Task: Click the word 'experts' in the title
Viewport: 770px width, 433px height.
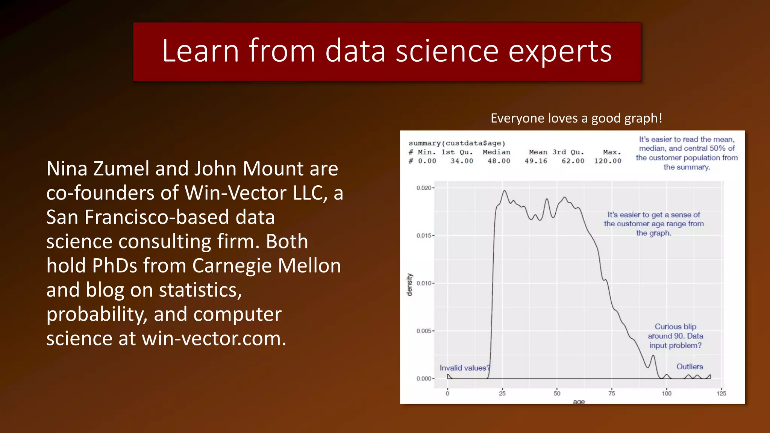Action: [x=560, y=51]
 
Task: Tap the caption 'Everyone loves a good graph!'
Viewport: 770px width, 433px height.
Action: [x=576, y=118]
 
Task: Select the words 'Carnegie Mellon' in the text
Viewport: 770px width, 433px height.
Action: [x=267, y=266]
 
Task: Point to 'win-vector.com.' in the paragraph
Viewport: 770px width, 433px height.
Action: [x=214, y=339]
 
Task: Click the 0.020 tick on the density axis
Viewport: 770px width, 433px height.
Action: [x=424, y=188]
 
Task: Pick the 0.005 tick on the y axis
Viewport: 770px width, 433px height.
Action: [x=424, y=331]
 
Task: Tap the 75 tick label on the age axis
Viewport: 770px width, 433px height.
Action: [x=612, y=394]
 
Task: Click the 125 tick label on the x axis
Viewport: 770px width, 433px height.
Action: [x=721, y=394]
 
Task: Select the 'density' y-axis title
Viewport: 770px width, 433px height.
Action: [x=410, y=285]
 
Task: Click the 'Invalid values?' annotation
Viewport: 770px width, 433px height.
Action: [x=465, y=368]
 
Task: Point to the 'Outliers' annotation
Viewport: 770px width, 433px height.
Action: [x=690, y=366]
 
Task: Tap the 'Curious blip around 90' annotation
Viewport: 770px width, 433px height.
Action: [x=675, y=336]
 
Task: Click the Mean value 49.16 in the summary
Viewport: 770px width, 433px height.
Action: [x=536, y=161]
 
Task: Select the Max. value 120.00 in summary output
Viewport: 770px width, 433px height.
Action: [x=608, y=161]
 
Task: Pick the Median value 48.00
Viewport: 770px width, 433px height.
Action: [x=499, y=161]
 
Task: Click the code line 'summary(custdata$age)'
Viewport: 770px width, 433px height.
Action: [x=457, y=143]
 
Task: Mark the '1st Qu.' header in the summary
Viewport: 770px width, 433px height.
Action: [x=457, y=152]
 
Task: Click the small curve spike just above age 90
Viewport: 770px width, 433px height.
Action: [x=653, y=356]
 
